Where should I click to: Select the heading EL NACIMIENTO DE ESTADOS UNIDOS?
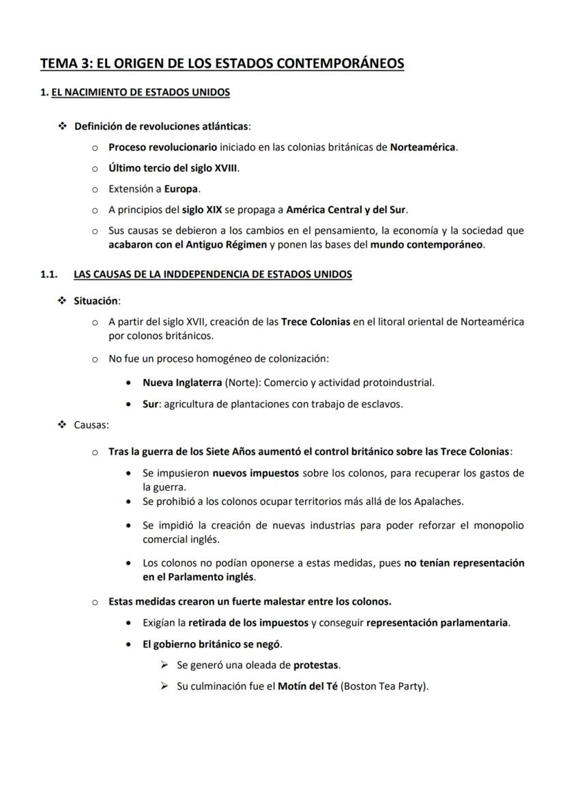[141, 92]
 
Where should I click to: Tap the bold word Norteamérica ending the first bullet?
[422, 147]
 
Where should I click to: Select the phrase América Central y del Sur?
[346, 209]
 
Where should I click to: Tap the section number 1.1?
[48, 274]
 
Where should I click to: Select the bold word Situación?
[96, 300]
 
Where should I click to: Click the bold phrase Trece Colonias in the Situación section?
[315, 321]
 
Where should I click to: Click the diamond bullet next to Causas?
[62, 425]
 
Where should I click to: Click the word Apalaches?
[438, 502]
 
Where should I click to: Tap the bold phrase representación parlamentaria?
[437, 622]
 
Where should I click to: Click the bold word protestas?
[316, 665]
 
